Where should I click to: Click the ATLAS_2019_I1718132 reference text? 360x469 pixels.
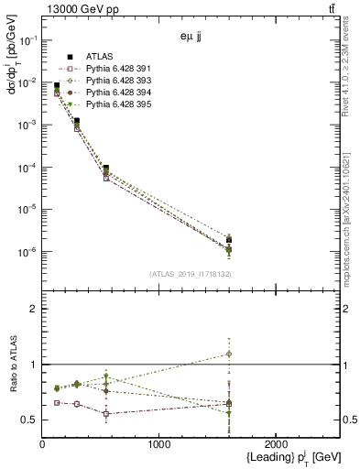[x=191, y=273]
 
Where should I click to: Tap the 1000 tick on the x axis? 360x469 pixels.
[x=158, y=444]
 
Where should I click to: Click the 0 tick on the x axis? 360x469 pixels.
[x=43, y=444]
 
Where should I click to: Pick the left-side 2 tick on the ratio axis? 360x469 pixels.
[x=34, y=309]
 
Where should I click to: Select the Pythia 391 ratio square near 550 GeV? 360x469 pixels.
[x=106, y=414]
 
